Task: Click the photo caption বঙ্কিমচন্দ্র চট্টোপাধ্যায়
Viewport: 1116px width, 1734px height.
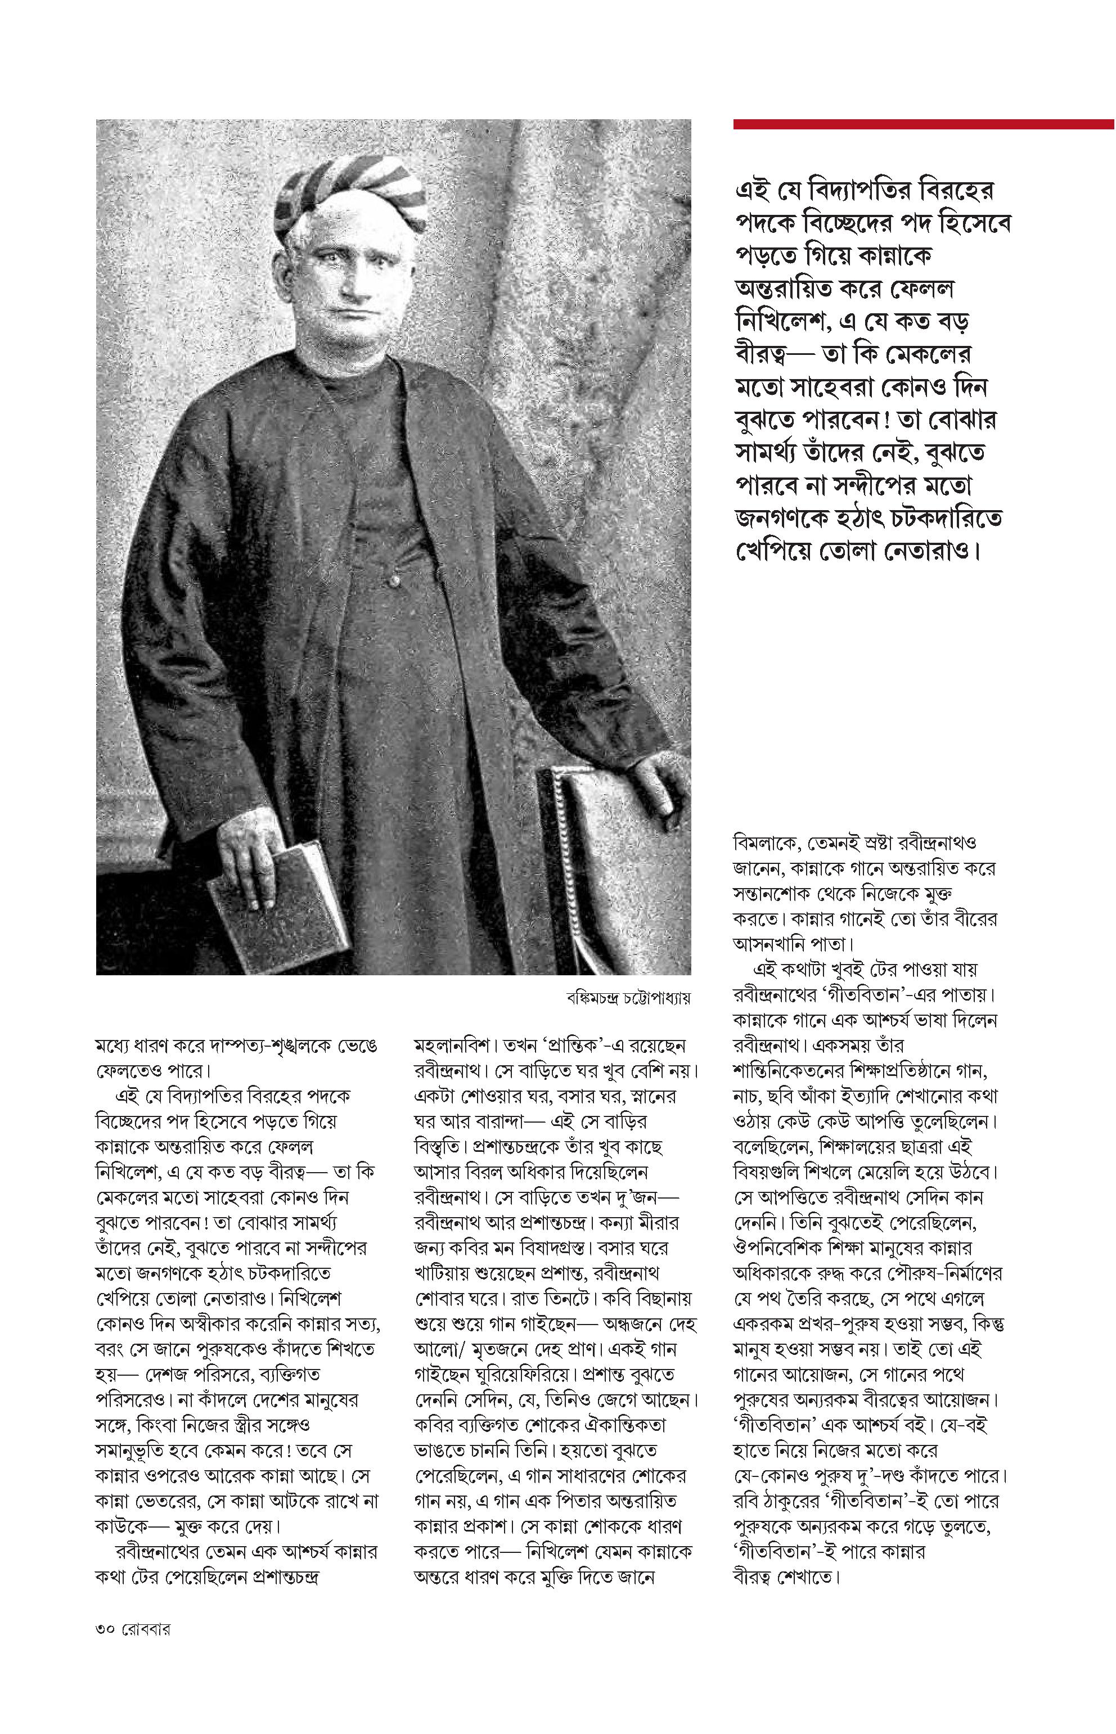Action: tap(628, 998)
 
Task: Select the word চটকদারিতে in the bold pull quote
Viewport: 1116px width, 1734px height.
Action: tap(943, 518)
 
